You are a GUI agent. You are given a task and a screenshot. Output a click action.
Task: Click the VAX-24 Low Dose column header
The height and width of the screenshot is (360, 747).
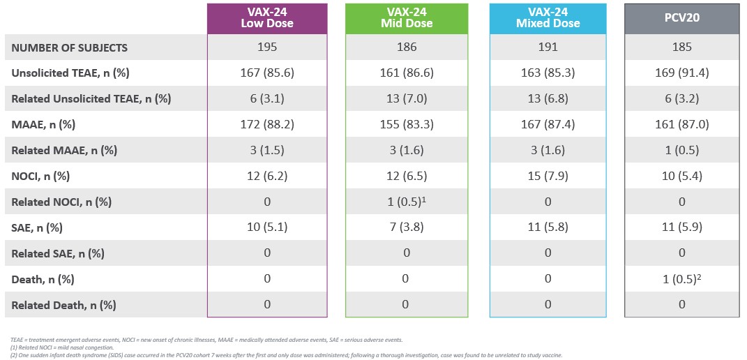[x=267, y=18]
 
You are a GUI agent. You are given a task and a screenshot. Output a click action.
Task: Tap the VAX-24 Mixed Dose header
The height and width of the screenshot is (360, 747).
[x=548, y=18]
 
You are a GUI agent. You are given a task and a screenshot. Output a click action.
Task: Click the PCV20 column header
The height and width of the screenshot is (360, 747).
[x=681, y=18]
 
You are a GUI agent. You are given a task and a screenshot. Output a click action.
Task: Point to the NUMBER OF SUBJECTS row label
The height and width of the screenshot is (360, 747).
[x=70, y=47]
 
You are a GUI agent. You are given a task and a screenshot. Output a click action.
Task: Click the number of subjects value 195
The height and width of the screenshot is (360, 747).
[x=267, y=47]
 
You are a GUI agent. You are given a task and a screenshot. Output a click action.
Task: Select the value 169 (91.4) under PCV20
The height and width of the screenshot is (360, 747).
[x=681, y=73]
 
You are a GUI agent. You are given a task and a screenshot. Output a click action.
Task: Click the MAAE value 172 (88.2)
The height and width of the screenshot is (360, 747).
[x=267, y=124]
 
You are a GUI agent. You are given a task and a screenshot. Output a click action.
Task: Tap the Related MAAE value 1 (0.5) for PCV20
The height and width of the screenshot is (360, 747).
[x=681, y=150]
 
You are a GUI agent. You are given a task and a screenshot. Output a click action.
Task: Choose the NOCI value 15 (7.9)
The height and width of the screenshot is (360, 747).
[x=548, y=176]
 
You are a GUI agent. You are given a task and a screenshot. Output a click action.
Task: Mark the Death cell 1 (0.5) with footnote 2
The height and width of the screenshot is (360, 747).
[x=681, y=279]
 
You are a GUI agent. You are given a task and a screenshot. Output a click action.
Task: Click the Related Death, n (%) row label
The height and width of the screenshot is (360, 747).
[x=63, y=305]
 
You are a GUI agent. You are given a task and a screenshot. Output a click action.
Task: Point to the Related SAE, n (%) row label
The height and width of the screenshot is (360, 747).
[x=58, y=253]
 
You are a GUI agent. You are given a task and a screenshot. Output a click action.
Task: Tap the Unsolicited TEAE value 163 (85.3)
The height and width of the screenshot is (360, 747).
[x=548, y=73]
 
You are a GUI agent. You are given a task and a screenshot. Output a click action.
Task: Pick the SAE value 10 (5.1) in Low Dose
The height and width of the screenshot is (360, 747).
[x=267, y=227]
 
